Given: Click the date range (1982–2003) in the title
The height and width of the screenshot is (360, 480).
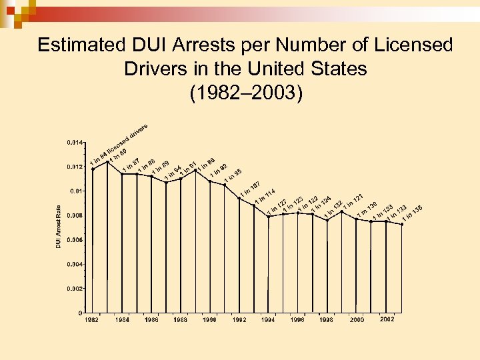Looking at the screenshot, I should (245, 93).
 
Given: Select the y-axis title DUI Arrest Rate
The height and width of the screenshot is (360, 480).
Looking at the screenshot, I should (59, 227).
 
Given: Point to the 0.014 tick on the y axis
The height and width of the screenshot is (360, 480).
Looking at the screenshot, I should (75, 143).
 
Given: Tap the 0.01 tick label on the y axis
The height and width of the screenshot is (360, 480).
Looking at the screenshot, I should (77, 191).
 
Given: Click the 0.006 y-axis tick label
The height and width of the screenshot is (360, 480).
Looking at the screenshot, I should (75, 240).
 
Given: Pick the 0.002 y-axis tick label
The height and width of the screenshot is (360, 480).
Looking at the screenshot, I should (75, 289).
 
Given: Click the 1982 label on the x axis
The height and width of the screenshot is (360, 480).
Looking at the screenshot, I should (93, 320).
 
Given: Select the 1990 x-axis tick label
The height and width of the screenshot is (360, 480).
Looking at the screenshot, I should (210, 320).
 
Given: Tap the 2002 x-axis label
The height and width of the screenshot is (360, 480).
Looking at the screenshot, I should (387, 319).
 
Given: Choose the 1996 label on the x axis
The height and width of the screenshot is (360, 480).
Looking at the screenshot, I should (298, 320).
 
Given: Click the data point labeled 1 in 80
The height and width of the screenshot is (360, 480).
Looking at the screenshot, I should (107, 162).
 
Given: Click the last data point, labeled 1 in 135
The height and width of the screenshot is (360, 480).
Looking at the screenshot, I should (402, 225).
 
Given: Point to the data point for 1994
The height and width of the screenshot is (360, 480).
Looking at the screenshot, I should (269, 217).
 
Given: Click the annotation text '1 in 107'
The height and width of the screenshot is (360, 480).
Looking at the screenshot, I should (250, 189).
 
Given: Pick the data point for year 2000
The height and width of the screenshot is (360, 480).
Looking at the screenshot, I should (357, 219).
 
